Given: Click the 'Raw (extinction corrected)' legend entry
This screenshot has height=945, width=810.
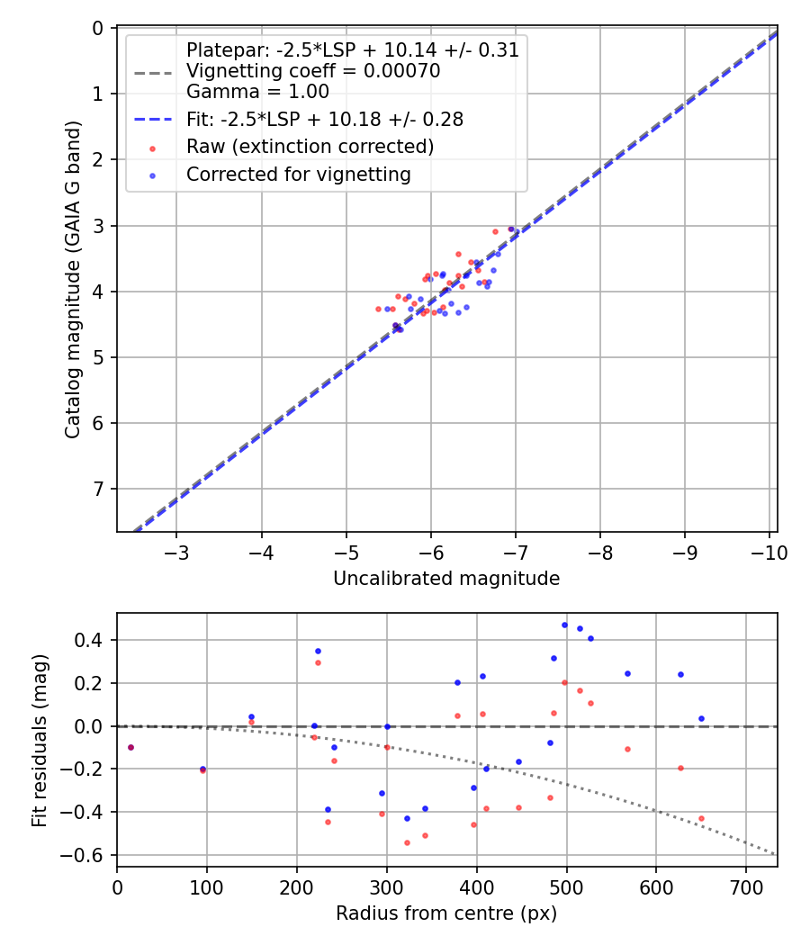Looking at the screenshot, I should (310, 147).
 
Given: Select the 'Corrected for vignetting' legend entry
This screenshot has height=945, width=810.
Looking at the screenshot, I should (298, 175).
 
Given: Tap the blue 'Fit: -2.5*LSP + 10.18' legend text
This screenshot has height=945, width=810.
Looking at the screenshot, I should (324, 119).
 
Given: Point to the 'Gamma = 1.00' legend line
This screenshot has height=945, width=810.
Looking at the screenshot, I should (257, 91).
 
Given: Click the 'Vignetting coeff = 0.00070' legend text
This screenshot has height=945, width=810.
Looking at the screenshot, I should (313, 71).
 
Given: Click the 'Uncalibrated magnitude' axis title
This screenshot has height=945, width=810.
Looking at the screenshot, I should (446, 579).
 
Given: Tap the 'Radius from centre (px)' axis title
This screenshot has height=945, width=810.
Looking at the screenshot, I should (446, 913).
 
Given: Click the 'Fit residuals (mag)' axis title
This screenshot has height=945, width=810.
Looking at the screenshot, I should (39, 740).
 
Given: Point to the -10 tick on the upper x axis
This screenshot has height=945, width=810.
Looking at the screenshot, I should (769, 551).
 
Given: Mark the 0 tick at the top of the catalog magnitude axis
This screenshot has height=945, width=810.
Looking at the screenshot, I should (100, 28).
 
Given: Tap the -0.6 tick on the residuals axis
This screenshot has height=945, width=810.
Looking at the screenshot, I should (91, 855).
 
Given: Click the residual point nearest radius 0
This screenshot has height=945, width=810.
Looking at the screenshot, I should (130, 747).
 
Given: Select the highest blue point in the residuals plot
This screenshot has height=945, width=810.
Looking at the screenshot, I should (565, 625).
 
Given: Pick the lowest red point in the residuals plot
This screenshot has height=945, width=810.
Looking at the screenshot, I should (407, 842).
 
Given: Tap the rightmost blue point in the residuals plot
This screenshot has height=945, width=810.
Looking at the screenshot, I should (701, 718).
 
